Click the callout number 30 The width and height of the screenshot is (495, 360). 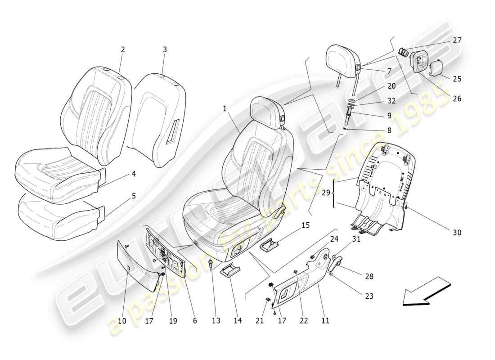coord(457,233)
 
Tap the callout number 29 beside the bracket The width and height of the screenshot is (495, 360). coord(326,192)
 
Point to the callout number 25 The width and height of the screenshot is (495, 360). coord(457,79)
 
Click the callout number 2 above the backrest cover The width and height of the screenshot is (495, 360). coord(122,50)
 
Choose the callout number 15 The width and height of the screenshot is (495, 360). coord(306,225)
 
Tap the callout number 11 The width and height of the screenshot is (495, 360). coord(325,321)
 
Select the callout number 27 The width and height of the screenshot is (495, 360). coord(457,40)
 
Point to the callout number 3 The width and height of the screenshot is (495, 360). coord(165,49)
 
